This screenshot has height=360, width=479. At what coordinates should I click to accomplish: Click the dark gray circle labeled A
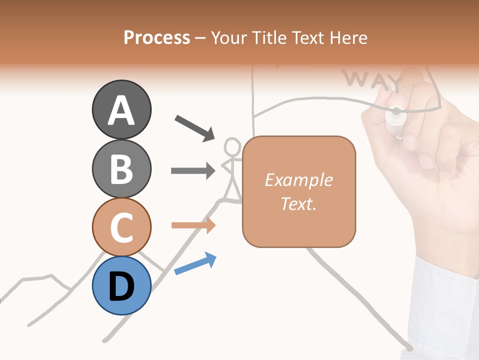click(121, 109)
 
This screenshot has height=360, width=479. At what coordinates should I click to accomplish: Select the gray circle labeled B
click(121, 168)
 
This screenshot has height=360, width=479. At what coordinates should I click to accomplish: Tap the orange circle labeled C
click(121, 227)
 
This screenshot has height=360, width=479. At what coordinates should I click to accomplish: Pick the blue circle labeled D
click(121, 285)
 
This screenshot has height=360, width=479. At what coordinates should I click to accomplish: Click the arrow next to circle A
click(195, 127)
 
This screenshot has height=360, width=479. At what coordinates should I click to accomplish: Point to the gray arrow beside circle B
click(193, 170)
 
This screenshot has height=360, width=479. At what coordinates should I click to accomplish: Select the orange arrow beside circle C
click(193, 225)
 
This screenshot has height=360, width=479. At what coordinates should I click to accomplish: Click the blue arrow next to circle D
click(195, 263)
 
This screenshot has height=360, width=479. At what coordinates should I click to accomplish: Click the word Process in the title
click(157, 37)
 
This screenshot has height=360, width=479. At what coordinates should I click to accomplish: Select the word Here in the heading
click(348, 37)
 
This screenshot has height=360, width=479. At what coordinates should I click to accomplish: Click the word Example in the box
click(298, 180)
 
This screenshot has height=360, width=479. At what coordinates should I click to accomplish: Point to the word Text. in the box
click(298, 203)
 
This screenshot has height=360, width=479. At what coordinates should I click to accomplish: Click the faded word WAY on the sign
click(372, 80)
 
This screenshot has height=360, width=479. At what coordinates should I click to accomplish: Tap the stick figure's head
click(232, 147)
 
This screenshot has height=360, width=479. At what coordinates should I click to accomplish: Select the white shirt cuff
click(444, 300)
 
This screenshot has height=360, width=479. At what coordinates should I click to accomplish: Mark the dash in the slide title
click(201, 38)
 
